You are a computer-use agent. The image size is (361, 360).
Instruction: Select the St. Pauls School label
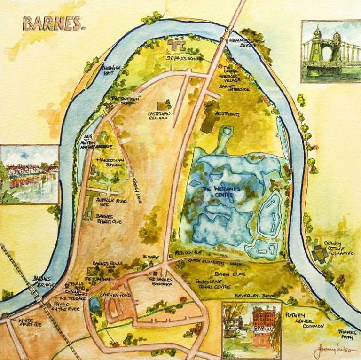184,58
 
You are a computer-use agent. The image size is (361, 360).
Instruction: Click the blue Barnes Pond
95,305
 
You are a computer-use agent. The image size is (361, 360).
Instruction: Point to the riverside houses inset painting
30,174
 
